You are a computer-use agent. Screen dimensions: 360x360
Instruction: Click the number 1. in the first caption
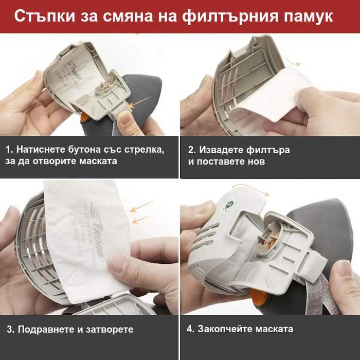10,150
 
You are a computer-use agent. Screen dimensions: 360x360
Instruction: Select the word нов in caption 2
257,161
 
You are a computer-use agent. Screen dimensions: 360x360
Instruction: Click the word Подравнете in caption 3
44,329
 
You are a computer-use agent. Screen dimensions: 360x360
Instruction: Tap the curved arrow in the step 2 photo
293,62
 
